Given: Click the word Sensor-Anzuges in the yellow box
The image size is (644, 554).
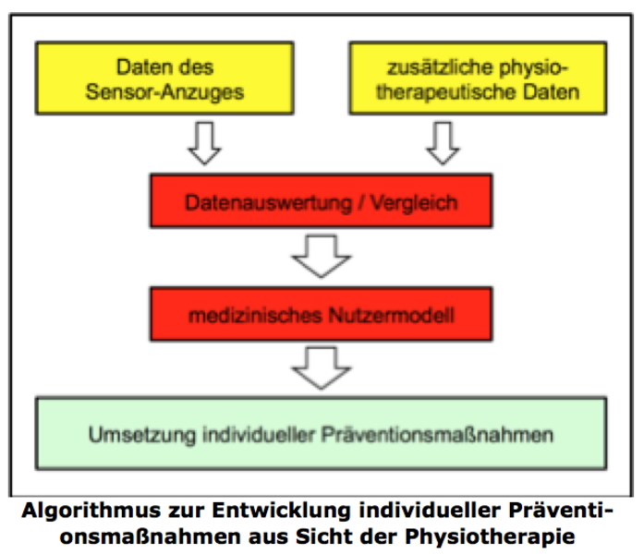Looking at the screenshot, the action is pyautogui.click(x=164, y=92).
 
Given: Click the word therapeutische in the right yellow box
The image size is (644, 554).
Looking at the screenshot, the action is pyautogui.click(x=445, y=92).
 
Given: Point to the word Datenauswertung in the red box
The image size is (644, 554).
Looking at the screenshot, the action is pyautogui.click(x=269, y=203).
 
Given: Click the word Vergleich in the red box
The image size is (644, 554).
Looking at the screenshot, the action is pyautogui.click(x=414, y=203).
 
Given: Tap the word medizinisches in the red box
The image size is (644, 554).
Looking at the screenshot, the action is pyautogui.click(x=255, y=316).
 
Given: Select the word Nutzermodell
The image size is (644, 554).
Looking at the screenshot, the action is pyautogui.click(x=392, y=316).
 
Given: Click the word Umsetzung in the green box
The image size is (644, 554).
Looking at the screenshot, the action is pyautogui.click(x=142, y=435).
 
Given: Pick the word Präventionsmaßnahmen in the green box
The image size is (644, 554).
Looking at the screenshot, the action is pyautogui.click(x=437, y=435).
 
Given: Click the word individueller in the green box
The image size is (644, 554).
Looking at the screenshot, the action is pyautogui.click(x=259, y=435).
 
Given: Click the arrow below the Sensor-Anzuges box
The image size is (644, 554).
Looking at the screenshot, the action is pyautogui.click(x=204, y=143).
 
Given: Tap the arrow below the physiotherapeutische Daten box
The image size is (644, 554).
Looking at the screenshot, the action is pyautogui.click(x=443, y=143).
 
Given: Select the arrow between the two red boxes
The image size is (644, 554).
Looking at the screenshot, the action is pyautogui.click(x=322, y=257).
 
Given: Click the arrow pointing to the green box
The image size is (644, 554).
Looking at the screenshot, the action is pyautogui.click(x=322, y=368).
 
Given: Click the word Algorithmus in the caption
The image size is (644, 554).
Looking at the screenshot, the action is pyautogui.click(x=91, y=511).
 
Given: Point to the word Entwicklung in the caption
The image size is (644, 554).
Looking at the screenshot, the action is pyautogui.click(x=281, y=511).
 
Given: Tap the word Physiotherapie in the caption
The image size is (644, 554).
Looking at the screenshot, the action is pyautogui.click(x=490, y=536).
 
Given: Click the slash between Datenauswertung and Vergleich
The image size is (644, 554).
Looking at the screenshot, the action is pyautogui.click(x=360, y=203).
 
